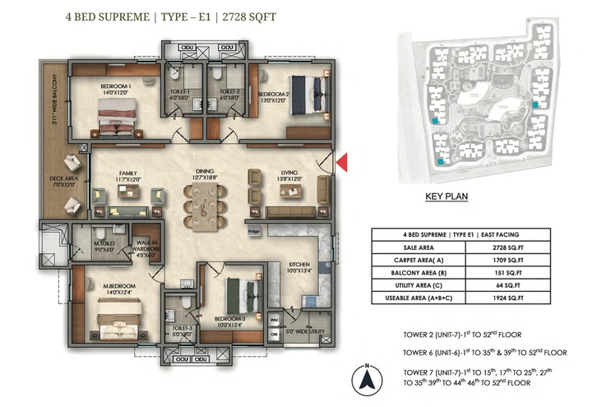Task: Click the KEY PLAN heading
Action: pyautogui.click(x=446, y=197)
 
